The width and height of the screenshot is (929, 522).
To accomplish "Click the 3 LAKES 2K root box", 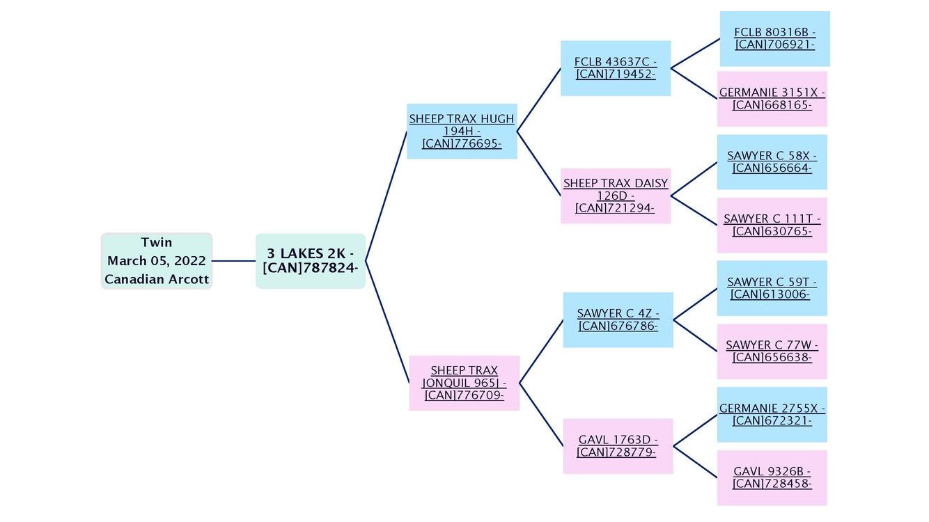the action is click(311, 261).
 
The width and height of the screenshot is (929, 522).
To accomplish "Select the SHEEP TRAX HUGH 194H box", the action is click(462, 131).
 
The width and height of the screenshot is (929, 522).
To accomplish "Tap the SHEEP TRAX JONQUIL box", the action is click(464, 383).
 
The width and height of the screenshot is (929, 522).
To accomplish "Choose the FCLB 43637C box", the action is click(616, 68).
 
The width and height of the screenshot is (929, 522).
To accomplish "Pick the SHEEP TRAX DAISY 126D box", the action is click(616, 196).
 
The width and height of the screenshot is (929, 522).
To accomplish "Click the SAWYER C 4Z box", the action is click(618, 319).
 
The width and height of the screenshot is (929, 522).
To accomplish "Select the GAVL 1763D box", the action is click(618, 446).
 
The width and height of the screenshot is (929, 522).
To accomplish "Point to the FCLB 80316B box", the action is click(774, 38).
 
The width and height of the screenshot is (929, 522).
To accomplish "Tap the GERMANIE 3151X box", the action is click(772, 99).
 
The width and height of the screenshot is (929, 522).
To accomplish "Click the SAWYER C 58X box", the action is click(772, 162).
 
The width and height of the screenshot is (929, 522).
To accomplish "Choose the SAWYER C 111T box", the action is click(772, 225).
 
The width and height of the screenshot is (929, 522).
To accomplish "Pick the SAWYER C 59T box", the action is click(772, 288).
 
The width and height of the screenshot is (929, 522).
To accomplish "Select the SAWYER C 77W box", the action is click(772, 351).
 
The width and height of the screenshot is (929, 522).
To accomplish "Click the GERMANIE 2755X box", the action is click(772, 415).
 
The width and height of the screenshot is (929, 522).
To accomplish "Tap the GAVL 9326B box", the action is click(772, 477).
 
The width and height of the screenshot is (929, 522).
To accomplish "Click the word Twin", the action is click(157, 242).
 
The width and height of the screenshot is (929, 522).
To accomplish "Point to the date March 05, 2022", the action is click(157, 261).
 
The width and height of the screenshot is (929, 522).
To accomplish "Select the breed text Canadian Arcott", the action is click(157, 279).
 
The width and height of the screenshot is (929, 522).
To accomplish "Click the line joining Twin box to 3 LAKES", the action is click(234, 261).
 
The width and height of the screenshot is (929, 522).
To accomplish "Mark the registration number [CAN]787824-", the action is click(310, 268).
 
